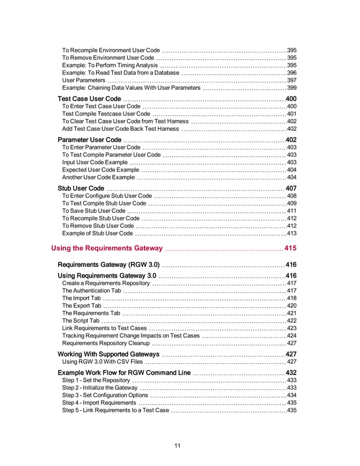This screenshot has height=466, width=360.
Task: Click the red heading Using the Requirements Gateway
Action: [x=107, y=248]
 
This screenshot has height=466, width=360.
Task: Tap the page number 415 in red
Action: [x=290, y=248]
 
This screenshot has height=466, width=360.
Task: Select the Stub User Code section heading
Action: [x=81, y=188]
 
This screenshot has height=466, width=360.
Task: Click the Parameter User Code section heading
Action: [x=89, y=139]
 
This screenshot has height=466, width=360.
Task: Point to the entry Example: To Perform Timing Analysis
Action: [x=109, y=65]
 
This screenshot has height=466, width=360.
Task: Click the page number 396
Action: [x=292, y=73]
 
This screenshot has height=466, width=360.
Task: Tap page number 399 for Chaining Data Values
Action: [x=292, y=88]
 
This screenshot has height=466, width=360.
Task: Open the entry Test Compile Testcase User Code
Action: [x=106, y=114]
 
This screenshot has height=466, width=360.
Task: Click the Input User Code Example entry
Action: [x=95, y=162]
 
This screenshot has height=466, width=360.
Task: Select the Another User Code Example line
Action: [x=98, y=177]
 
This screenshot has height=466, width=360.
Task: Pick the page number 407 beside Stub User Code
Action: [x=291, y=188]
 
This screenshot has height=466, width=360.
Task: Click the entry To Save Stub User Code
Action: [x=94, y=211]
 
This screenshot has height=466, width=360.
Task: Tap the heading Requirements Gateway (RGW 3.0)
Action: [x=109, y=264]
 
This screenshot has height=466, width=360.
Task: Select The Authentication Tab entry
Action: [x=91, y=291]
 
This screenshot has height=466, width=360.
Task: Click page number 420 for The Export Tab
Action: [x=292, y=305]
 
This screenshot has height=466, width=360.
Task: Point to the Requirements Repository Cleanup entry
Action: [x=106, y=342]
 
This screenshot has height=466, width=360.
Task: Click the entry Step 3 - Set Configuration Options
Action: [x=105, y=395]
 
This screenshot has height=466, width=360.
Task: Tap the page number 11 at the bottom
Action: [x=177, y=446]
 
